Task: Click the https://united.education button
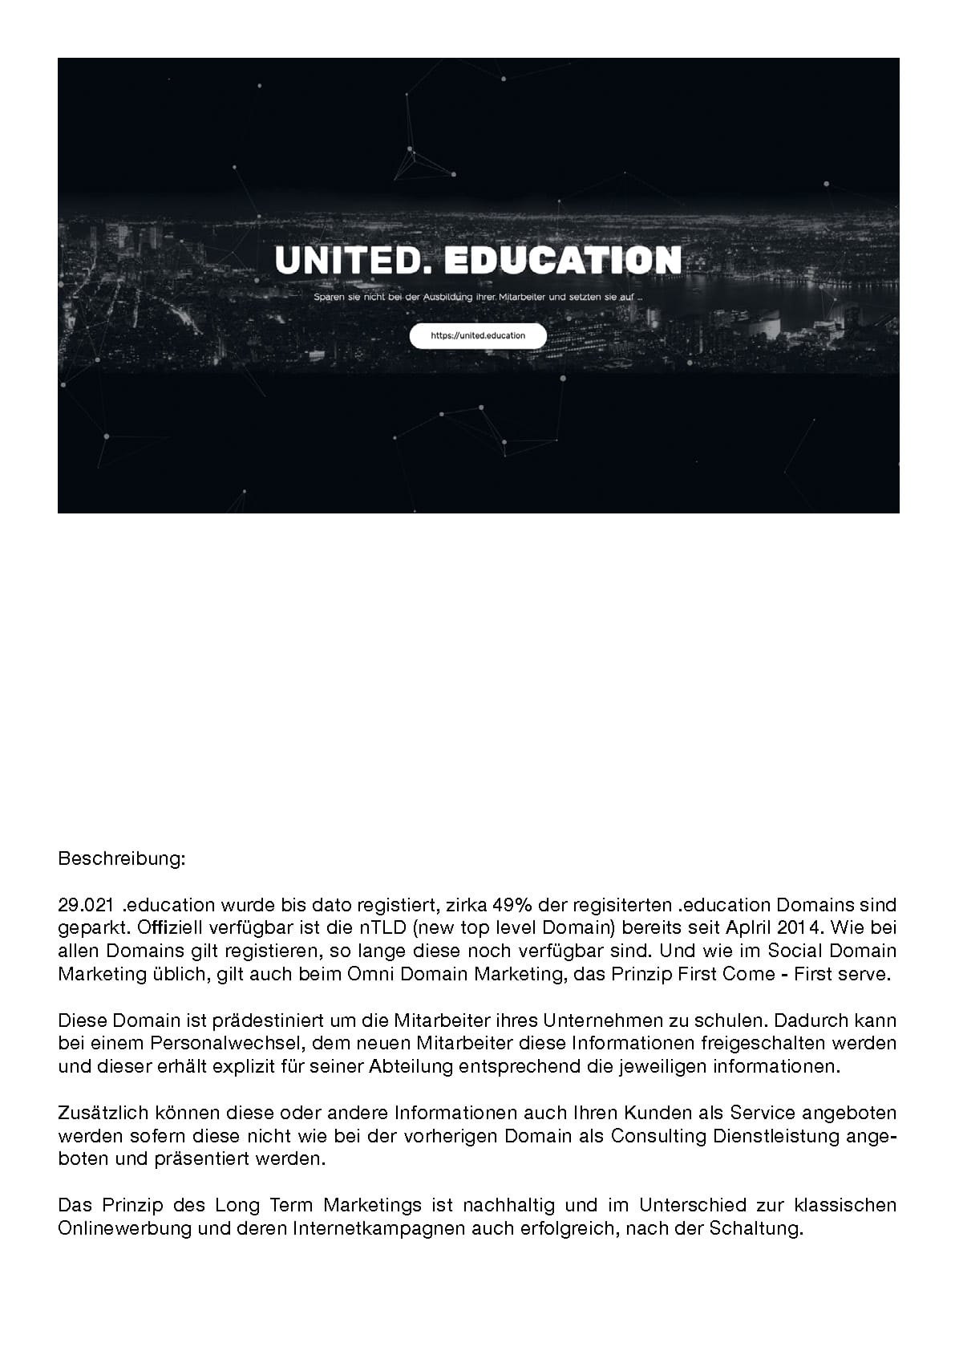coord(478,336)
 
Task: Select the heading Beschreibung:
coord(122,859)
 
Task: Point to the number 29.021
coord(84,906)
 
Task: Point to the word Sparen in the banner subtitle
coord(328,299)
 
